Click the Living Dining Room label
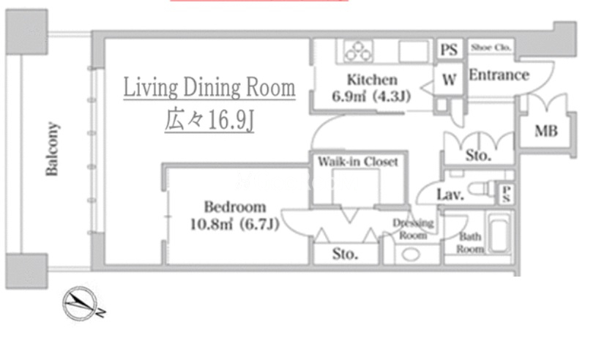click(x=209, y=87)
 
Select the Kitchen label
click(x=372, y=80)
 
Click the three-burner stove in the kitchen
click(x=358, y=51)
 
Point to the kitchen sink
click(x=414, y=51)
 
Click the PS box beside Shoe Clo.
click(x=449, y=49)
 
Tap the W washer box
click(x=449, y=79)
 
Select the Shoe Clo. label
click(x=491, y=48)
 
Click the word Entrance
click(x=499, y=75)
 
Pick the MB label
click(x=545, y=131)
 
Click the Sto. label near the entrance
click(x=478, y=155)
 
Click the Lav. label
click(x=450, y=195)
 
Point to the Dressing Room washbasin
click(x=411, y=254)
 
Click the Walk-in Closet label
click(x=358, y=162)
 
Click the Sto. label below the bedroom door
click(x=345, y=254)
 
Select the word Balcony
click(x=52, y=149)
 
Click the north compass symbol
click(x=81, y=304)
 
